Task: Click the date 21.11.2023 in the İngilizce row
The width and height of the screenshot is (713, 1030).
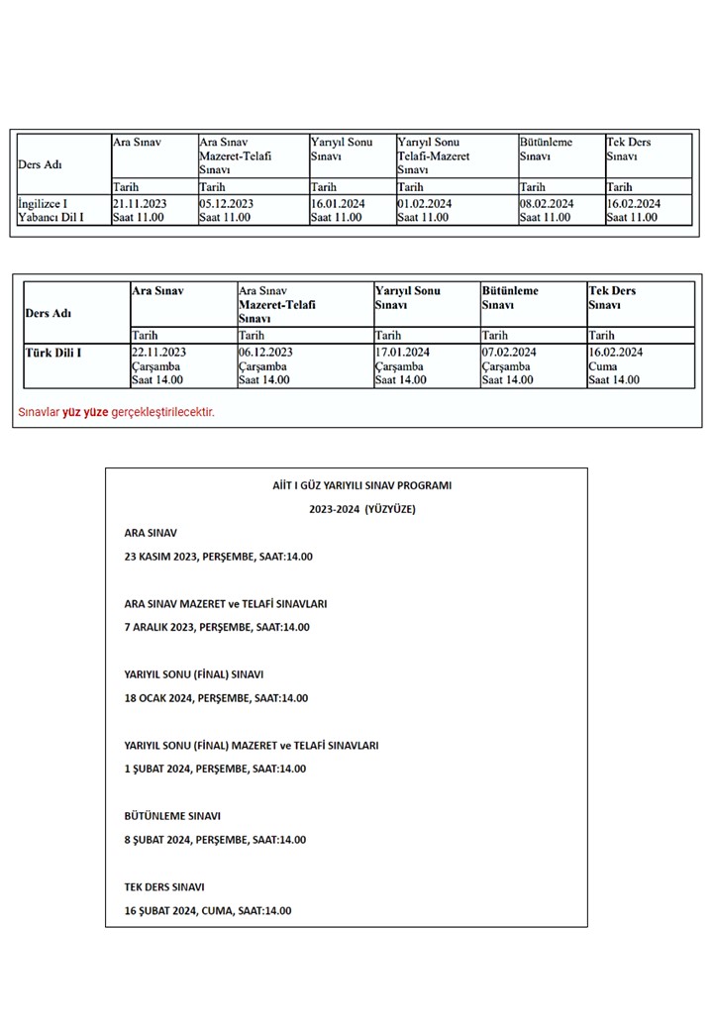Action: point(140,204)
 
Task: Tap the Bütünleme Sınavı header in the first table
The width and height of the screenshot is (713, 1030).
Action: point(546,150)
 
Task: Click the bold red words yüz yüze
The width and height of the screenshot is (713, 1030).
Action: point(85,412)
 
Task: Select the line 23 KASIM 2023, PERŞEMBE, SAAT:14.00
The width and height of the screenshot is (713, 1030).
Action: point(219,557)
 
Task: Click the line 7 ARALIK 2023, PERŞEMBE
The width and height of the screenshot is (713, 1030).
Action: point(217,627)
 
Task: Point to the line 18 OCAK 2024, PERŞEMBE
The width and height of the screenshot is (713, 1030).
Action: point(216,698)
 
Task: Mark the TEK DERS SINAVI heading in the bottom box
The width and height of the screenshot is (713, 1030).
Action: point(164,887)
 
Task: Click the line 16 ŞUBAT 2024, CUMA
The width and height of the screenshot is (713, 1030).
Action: point(208,911)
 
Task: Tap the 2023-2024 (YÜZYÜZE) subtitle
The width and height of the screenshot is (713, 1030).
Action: point(346,509)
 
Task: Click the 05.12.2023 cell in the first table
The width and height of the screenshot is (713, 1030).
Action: point(227,204)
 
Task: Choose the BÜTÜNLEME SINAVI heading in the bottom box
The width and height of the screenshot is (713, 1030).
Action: point(172,816)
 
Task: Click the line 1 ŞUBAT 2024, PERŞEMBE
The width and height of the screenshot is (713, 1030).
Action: point(215,769)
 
